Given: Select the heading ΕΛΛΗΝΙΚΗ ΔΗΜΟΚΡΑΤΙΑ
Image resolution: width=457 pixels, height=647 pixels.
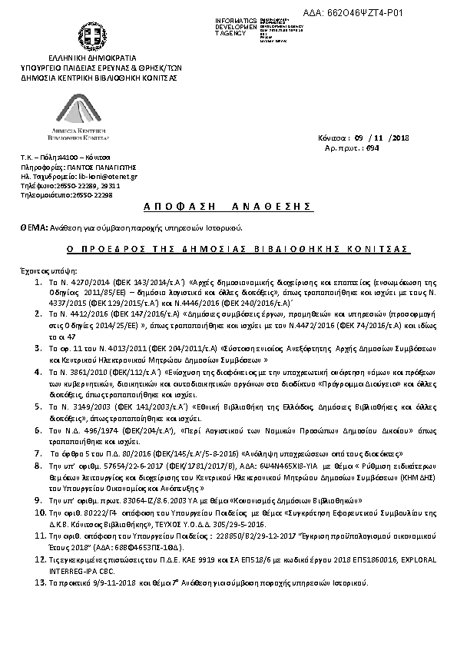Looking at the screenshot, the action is [91, 58].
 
